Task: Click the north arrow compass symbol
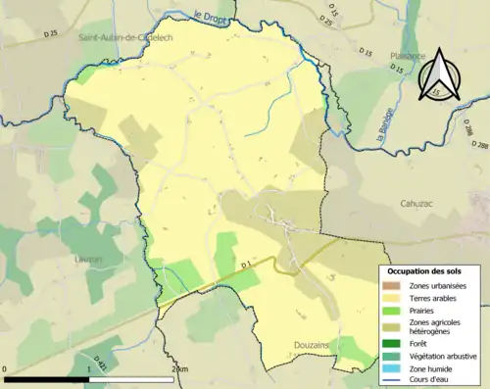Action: tap(437, 71)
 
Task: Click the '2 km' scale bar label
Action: tap(177, 368)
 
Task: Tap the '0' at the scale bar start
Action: tap(6, 368)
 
